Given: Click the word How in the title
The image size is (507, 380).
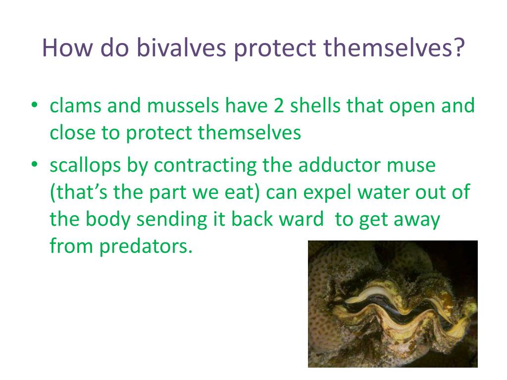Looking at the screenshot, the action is [x=67, y=47].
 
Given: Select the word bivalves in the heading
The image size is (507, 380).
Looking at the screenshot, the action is [x=181, y=47].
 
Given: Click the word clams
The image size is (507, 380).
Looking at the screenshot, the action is [x=76, y=105].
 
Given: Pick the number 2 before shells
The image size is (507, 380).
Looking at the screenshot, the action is [x=279, y=106].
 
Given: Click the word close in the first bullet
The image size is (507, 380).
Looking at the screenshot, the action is [x=73, y=133].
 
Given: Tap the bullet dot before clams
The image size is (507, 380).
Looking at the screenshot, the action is [x=35, y=105].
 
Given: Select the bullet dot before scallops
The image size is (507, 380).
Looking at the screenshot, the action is [x=35, y=164].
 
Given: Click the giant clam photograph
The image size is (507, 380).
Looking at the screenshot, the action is [x=393, y=304].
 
